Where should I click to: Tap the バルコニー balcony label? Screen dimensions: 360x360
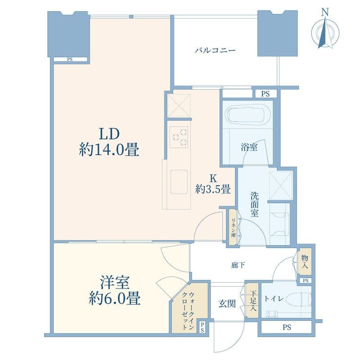pos(215,50)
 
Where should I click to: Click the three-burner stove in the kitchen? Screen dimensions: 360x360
pos(179,137)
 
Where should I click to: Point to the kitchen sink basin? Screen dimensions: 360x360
pos(179,182)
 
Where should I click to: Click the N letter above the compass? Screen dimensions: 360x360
pos(324,12)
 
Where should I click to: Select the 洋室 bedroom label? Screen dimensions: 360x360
pos(115,291)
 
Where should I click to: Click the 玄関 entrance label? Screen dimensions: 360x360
pos(227,304)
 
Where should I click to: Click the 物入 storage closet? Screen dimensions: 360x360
pos(305,261)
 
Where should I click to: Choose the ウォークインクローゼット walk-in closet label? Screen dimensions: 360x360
pos(188,311)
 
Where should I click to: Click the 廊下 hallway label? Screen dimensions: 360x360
pos(238,265)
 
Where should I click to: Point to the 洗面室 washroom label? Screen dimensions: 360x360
pos(254,205)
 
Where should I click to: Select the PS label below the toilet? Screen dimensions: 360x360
pos(287,327)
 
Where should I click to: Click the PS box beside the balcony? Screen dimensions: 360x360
pos(265,94)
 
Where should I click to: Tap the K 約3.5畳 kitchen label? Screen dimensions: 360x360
pos(213,184)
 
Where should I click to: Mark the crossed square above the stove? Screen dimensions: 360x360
pos(179,106)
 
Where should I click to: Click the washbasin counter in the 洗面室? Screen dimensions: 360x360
pos(279,223)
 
